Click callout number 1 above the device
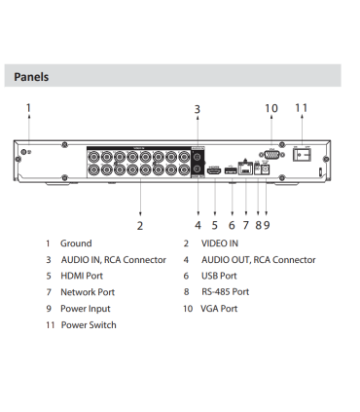[x=28, y=108]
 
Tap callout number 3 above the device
[x=198, y=109]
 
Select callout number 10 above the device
[x=271, y=108]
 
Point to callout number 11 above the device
[x=301, y=108]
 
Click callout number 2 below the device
[x=141, y=224]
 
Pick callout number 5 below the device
[x=214, y=224]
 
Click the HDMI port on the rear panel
[x=213, y=169]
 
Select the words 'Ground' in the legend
[x=77, y=243]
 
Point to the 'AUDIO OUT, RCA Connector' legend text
[x=259, y=260]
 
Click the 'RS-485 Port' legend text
[x=226, y=291]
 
